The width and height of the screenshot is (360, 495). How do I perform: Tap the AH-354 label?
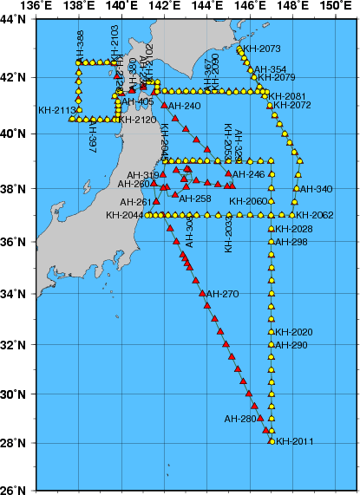[x=270, y=69]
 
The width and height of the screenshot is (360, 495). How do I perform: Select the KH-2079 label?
[x=279, y=78]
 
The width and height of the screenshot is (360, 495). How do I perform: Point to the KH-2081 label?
[x=287, y=96]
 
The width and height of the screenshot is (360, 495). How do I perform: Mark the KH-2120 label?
[x=139, y=120]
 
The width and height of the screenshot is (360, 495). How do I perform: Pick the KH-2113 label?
[x=56, y=110]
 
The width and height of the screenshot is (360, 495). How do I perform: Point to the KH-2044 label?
[x=125, y=215]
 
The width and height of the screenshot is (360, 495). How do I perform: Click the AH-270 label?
[x=223, y=294]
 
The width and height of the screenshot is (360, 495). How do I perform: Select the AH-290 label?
[x=292, y=346]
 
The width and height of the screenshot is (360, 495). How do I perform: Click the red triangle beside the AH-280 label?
[x=260, y=418]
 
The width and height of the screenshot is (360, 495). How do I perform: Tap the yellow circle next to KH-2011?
[x=272, y=441]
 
